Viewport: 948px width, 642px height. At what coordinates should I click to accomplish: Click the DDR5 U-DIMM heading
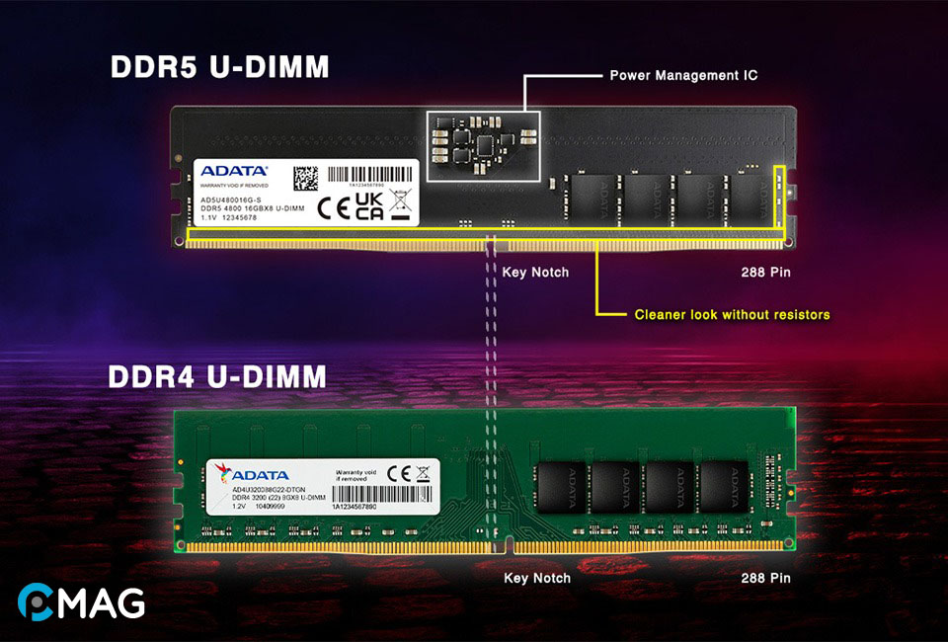(x=219, y=69)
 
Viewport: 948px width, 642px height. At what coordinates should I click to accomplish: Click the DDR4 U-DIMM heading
(x=219, y=378)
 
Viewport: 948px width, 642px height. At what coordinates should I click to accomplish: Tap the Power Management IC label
(x=683, y=75)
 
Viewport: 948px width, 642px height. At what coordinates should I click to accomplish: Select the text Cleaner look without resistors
(x=731, y=315)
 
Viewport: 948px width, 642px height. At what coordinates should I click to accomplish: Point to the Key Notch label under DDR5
(x=535, y=270)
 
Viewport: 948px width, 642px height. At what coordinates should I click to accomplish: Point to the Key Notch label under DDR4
(x=536, y=578)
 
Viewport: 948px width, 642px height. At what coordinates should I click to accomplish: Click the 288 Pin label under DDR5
(x=766, y=270)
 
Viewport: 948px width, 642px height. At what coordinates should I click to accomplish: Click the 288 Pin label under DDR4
(x=766, y=578)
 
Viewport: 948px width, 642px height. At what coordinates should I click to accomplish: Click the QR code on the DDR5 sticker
(x=306, y=179)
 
